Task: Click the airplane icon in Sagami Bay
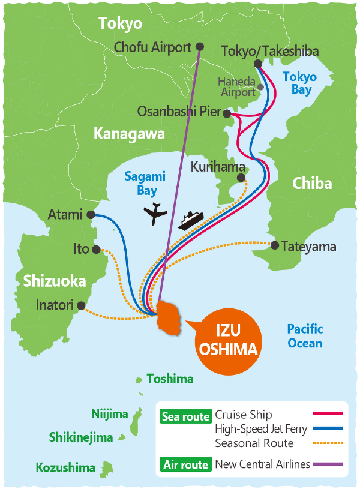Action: (156, 214)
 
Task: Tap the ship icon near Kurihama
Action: (191, 220)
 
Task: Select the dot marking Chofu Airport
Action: (200, 46)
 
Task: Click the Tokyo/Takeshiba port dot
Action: (258, 64)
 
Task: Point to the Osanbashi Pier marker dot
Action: (227, 113)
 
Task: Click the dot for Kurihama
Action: (241, 178)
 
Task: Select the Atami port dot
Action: (91, 214)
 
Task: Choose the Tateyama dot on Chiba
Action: (275, 245)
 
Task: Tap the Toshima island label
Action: (170, 379)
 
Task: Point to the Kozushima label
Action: (65, 467)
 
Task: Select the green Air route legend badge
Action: (186, 464)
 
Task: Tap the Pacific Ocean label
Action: (305, 336)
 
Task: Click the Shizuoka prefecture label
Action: (55, 281)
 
